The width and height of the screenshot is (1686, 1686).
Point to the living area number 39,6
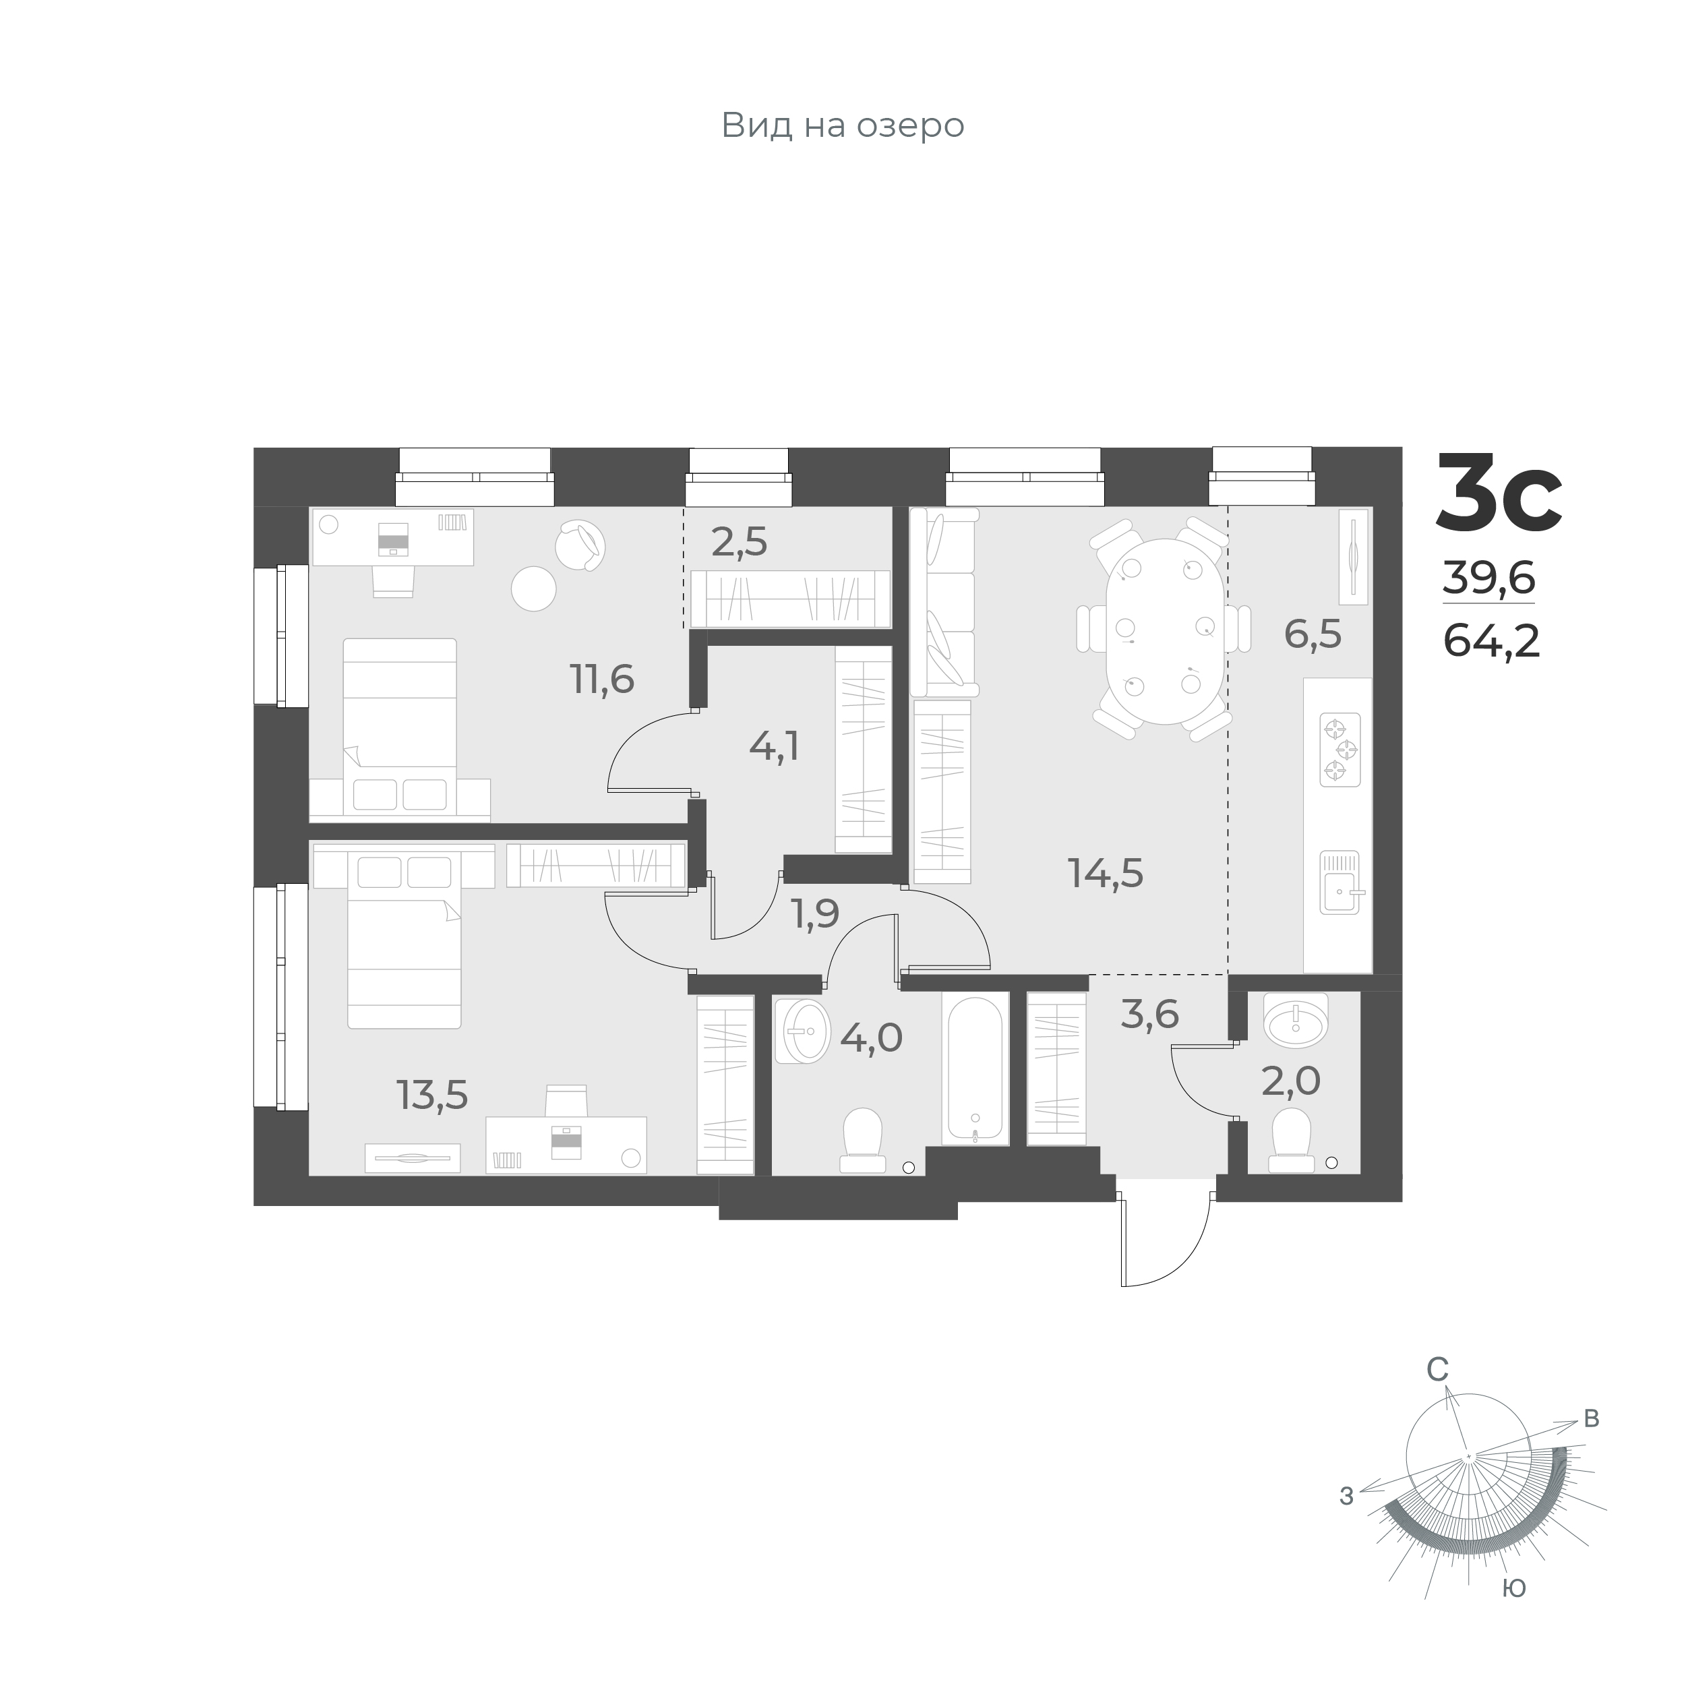point(1488,578)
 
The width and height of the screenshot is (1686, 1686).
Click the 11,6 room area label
point(602,678)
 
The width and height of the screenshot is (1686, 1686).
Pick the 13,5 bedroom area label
point(433,1094)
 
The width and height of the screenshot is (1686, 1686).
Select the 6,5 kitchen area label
point(1313,634)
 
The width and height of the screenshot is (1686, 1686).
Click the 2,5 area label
point(739,542)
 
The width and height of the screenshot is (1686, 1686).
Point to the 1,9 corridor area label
point(815,913)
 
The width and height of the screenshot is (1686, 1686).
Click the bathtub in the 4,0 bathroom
point(975,1070)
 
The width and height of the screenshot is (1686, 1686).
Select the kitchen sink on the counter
point(1339,882)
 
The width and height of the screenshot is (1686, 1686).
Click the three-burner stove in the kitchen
point(1339,750)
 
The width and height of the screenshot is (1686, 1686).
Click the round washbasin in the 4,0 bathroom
point(803,1031)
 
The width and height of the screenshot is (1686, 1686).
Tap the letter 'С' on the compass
point(1437,1395)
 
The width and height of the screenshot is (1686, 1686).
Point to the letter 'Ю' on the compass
point(1514,1588)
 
